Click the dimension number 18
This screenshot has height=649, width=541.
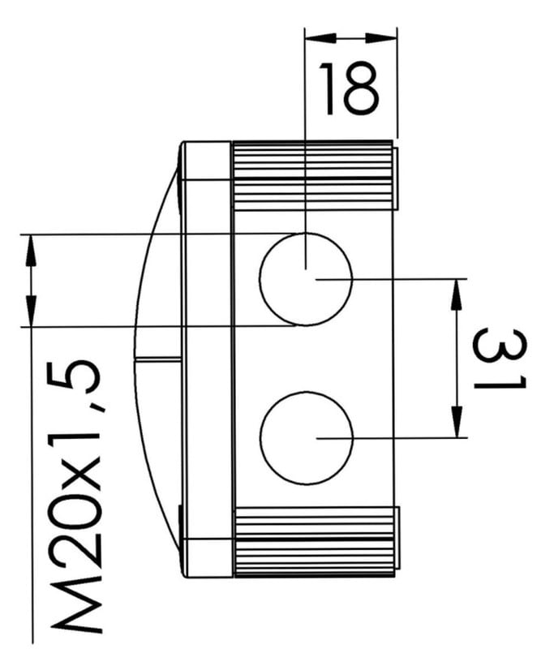[x=349, y=88]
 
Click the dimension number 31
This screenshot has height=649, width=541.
[x=500, y=359]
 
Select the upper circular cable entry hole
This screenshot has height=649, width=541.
[x=306, y=279]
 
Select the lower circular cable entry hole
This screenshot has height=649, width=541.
[x=307, y=438]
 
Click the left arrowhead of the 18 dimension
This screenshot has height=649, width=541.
[x=320, y=38]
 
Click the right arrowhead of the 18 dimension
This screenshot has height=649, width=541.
[x=381, y=38]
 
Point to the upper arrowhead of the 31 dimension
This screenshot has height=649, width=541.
[x=456, y=294]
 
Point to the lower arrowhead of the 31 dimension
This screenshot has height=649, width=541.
[x=457, y=422]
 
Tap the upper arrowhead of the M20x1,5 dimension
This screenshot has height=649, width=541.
[x=31, y=250]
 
